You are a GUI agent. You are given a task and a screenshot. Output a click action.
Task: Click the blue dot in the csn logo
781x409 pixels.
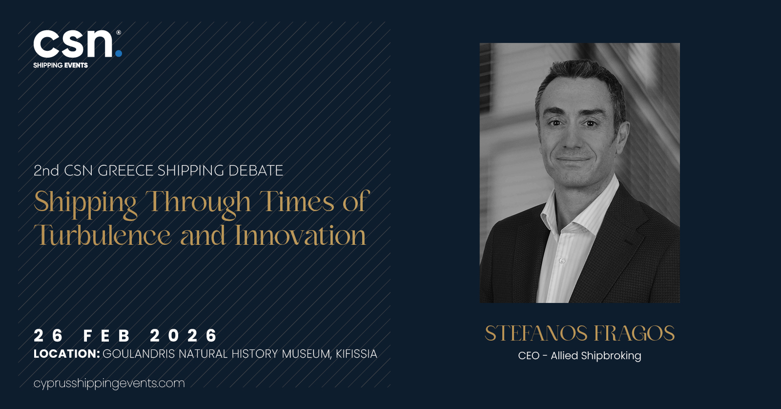(x=119, y=53)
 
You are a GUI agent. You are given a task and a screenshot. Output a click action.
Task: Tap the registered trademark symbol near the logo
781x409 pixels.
(x=119, y=32)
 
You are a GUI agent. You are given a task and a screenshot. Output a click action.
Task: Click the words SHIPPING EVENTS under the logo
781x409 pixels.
(x=61, y=65)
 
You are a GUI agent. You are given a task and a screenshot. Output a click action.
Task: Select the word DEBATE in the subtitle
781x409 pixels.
(x=256, y=171)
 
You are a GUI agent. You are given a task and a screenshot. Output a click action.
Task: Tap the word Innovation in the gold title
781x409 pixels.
(x=300, y=235)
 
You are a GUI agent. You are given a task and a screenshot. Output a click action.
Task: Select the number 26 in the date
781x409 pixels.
(x=48, y=336)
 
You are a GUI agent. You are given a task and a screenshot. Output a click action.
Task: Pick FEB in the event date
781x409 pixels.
(x=107, y=336)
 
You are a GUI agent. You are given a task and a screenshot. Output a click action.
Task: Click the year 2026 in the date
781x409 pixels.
(x=184, y=336)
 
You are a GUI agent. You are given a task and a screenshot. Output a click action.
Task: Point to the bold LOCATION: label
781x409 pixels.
(x=67, y=354)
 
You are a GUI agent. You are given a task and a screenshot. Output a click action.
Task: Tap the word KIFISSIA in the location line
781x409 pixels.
(x=356, y=354)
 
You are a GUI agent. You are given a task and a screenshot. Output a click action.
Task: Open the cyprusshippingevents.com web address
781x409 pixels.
(x=109, y=383)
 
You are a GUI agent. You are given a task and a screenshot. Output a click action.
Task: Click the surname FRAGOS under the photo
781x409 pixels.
(x=634, y=333)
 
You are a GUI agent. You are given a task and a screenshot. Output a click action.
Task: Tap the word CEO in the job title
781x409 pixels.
(x=529, y=356)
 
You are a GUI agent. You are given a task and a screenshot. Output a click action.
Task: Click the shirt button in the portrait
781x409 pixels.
(x=562, y=260)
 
